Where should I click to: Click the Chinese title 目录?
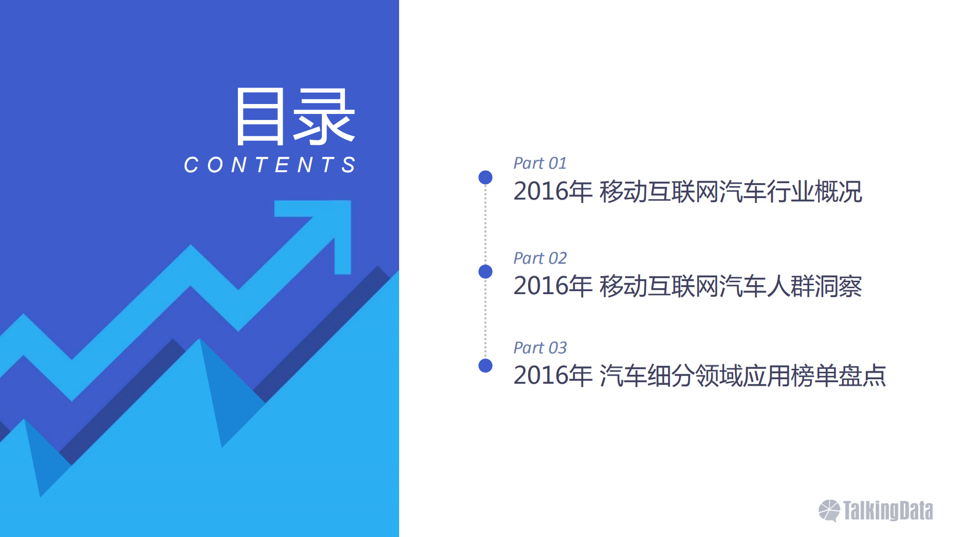pyautogui.click(x=295, y=117)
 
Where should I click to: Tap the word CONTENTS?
pyautogui.click(x=270, y=165)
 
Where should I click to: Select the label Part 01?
pyautogui.click(x=540, y=163)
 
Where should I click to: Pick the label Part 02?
pyautogui.click(x=540, y=258)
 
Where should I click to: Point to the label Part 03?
pyautogui.click(x=540, y=348)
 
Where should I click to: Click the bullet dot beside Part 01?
pyautogui.click(x=485, y=177)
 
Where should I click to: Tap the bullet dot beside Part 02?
pyautogui.click(x=485, y=272)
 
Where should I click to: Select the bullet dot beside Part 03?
pyautogui.click(x=485, y=366)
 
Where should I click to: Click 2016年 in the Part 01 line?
pyautogui.click(x=552, y=192)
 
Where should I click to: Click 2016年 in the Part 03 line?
pyautogui.click(x=552, y=376)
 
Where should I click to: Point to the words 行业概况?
pyautogui.click(x=814, y=192)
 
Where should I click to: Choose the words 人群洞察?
pyautogui.click(x=814, y=286)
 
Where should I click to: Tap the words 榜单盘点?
pyautogui.click(x=838, y=376)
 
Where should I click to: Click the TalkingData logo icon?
pyautogui.click(x=829, y=511)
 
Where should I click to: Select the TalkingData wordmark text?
pyautogui.click(x=888, y=511)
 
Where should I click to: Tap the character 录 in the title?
pyautogui.click(x=324, y=117)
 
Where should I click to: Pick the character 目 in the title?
pyautogui.click(x=260, y=117)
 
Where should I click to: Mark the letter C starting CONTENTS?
pyautogui.click(x=191, y=165)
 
